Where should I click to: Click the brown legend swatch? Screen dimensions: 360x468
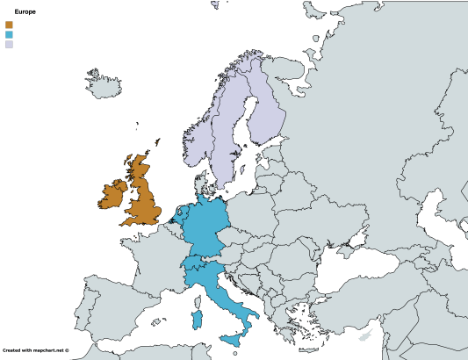click(x=9, y=25)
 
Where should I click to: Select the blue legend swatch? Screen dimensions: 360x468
click(x=9, y=34)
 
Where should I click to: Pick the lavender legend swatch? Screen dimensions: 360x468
click(x=9, y=44)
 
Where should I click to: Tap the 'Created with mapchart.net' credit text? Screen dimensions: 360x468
click(x=35, y=349)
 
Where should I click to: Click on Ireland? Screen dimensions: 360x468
click(x=112, y=195)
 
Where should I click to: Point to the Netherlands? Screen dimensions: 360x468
click(x=181, y=214)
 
